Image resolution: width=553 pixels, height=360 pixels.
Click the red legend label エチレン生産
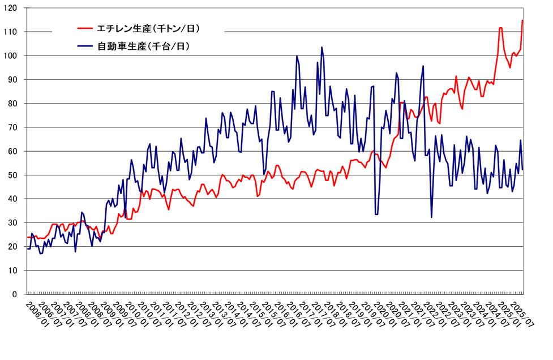tap(149, 28)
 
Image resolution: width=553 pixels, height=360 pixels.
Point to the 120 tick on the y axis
tap(12, 8)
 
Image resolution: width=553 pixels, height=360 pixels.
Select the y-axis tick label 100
tap(12, 55)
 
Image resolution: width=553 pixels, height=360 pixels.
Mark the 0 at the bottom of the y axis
tap(16, 294)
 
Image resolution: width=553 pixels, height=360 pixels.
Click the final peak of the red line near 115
tap(522, 20)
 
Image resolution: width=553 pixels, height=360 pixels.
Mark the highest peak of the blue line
tap(321, 47)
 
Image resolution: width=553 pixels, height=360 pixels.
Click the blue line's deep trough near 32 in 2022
tap(431, 217)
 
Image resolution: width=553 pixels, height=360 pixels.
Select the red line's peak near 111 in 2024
tap(500, 28)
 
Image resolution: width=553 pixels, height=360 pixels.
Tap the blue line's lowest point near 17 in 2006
tap(41, 254)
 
